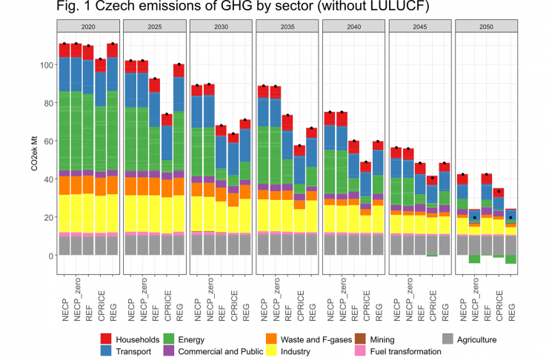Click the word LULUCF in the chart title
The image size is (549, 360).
pos(399,9)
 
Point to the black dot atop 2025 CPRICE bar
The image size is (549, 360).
pos(167,114)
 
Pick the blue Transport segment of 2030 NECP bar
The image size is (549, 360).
pos(196,112)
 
